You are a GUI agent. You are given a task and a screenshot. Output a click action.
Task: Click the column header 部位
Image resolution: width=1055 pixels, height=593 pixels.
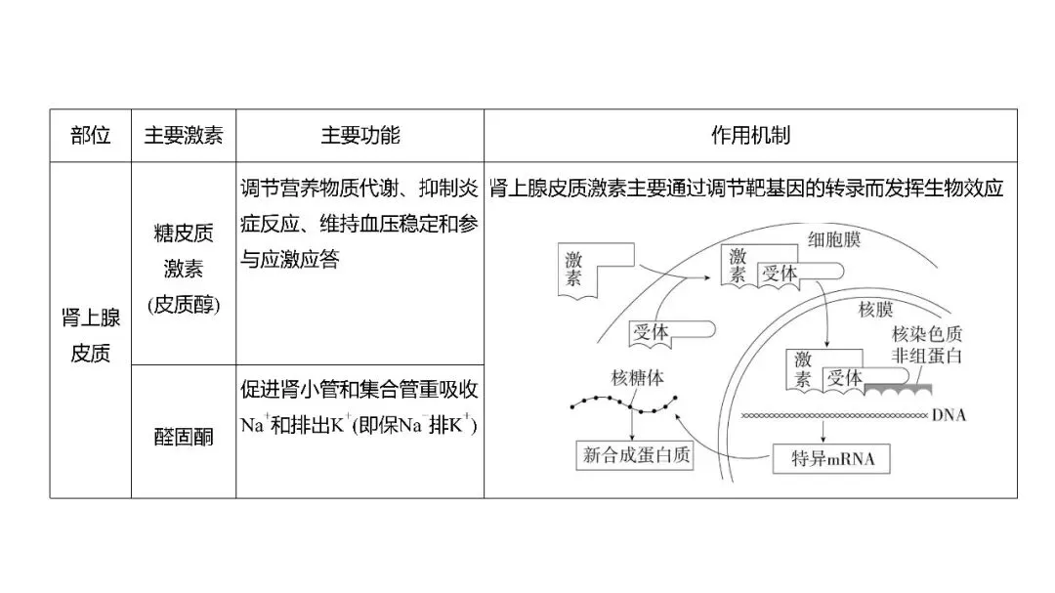click(x=91, y=136)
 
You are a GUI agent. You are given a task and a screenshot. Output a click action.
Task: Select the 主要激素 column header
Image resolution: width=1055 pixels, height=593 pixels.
click(x=184, y=136)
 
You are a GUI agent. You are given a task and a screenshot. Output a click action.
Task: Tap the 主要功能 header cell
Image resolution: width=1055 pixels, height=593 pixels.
click(x=359, y=136)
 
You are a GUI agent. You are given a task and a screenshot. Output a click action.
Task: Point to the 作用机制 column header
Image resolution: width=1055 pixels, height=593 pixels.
click(x=750, y=136)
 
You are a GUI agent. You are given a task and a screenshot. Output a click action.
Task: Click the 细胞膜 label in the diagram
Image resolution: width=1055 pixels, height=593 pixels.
click(x=832, y=239)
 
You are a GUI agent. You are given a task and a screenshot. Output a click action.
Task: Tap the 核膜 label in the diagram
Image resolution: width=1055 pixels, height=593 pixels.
click(x=875, y=311)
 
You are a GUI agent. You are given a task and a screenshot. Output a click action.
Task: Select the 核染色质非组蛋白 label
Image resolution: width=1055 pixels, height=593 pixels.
click(x=926, y=345)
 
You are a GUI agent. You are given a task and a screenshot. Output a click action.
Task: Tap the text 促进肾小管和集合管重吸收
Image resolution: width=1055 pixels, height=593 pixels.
click(x=359, y=389)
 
